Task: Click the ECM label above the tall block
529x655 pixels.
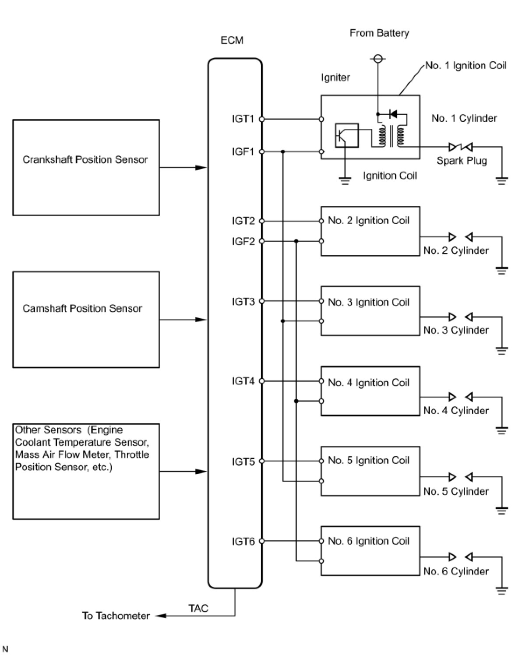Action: pyautogui.click(x=232, y=40)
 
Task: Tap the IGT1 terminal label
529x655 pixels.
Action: pyautogui.click(x=243, y=119)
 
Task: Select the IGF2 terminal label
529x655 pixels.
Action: pyautogui.click(x=243, y=241)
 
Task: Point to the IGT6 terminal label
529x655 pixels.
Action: pyautogui.click(x=243, y=541)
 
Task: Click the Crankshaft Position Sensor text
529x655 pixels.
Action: pyautogui.click(x=85, y=159)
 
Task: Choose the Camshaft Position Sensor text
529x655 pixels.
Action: pyautogui.click(x=82, y=308)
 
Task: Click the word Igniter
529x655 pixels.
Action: pyautogui.click(x=335, y=77)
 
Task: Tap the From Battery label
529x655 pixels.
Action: pyautogui.click(x=380, y=33)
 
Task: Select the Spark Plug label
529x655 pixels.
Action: pyautogui.click(x=462, y=161)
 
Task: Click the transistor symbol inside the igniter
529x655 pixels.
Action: pyautogui.click(x=347, y=136)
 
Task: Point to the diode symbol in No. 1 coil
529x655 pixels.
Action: pyautogui.click(x=392, y=114)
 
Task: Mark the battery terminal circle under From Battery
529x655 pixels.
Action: pyautogui.click(x=378, y=58)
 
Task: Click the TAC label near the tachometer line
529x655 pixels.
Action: pyautogui.click(x=198, y=608)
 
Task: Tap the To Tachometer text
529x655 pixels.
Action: pyautogui.click(x=116, y=616)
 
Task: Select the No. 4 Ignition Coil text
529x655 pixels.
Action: pyautogui.click(x=368, y=383)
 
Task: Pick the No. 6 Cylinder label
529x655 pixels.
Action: pyautogui.click(x=456, y=571)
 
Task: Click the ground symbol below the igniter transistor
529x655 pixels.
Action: pyautogui.click(x=345, y=181)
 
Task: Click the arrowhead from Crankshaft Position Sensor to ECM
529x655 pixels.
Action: pyautogui.click(x=201, y=168)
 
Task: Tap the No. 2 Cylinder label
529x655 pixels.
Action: pyautogui.click(x=456, y=250)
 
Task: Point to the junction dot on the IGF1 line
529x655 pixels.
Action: pyautogui.click(x=282, y=151)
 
